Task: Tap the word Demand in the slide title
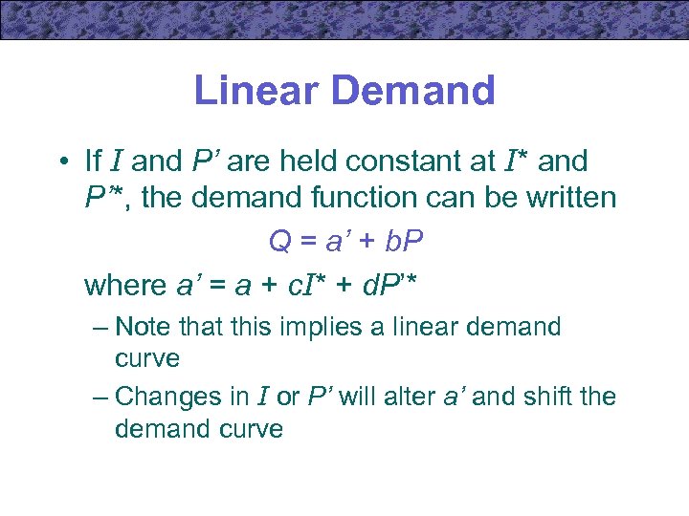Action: click(x=417, y=91)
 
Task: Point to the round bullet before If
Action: click(x=61, y=162)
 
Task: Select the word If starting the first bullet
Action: click(x=94, y=161)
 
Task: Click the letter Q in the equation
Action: click(x=279, y=243)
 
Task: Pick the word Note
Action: click(x=144, y=328)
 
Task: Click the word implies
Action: click(x=316, y=328)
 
